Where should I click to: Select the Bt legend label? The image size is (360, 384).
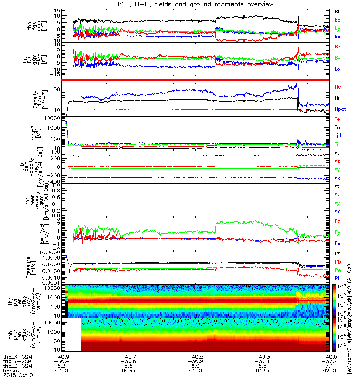click(337, 10)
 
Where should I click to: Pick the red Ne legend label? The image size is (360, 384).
click(337, 87)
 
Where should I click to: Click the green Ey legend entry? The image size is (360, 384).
click(337, 232)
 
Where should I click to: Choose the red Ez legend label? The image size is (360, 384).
click(337, 222)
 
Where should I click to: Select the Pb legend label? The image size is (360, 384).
click(337, 262)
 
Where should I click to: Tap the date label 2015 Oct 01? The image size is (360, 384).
click(16, 376)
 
